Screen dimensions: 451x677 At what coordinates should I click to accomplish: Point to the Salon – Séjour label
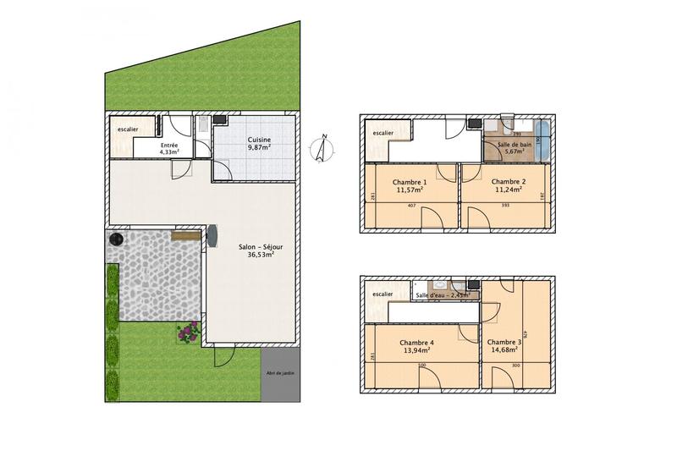[x=264, y=250]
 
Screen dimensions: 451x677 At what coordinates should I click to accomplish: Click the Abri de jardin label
[x=278, y=373]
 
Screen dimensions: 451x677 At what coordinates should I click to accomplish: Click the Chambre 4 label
[x=415, y=344]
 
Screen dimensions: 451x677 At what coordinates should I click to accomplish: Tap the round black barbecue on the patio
[x=115, y=240]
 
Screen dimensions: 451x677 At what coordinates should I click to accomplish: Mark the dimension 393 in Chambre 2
[x=506, y=206]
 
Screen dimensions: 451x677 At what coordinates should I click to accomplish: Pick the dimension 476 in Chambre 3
[x=526, y=335]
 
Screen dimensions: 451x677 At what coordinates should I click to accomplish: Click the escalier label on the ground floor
[x=129, y=129]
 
